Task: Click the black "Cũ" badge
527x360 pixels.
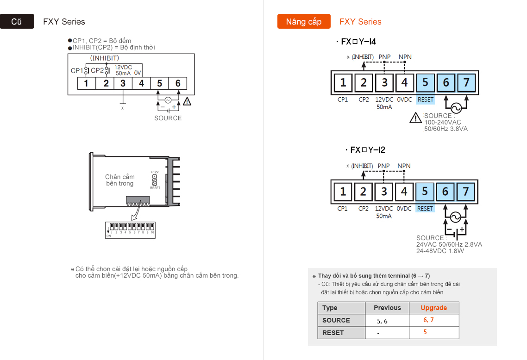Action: [x=17, y=22]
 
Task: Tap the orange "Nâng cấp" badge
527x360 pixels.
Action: [x=303, y=22]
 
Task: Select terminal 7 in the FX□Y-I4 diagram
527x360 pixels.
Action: [x=466, y=83]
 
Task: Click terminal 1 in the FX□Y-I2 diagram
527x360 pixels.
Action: [x=343, y=192]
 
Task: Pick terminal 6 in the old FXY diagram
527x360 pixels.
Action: [x=178, y=83]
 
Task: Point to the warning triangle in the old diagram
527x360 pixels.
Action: [x=187, y=101]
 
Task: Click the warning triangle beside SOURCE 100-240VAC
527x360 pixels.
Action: [x=415, y=118]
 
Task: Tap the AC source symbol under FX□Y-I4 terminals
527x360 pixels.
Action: [x=456, y=108]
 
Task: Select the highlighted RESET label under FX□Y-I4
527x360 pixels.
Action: [x=425, y=99]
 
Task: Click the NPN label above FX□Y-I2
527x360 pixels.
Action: [x=404, y=166]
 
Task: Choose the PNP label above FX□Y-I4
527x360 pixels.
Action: [x=384, y=57]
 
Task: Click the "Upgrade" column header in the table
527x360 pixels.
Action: [x=433, y=308]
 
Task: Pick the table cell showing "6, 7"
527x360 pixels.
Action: [x=428, y=320]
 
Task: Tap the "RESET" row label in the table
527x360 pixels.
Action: [x=333, y=333]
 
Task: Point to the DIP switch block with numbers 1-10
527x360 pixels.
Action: [x=130, y=230]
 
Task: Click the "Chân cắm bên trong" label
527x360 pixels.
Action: [x=119, y=180]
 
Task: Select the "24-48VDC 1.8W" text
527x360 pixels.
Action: [x=439, y=251]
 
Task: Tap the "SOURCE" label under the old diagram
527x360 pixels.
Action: [x=168, y=118]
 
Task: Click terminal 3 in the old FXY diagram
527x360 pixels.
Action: [x=123, y=83]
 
